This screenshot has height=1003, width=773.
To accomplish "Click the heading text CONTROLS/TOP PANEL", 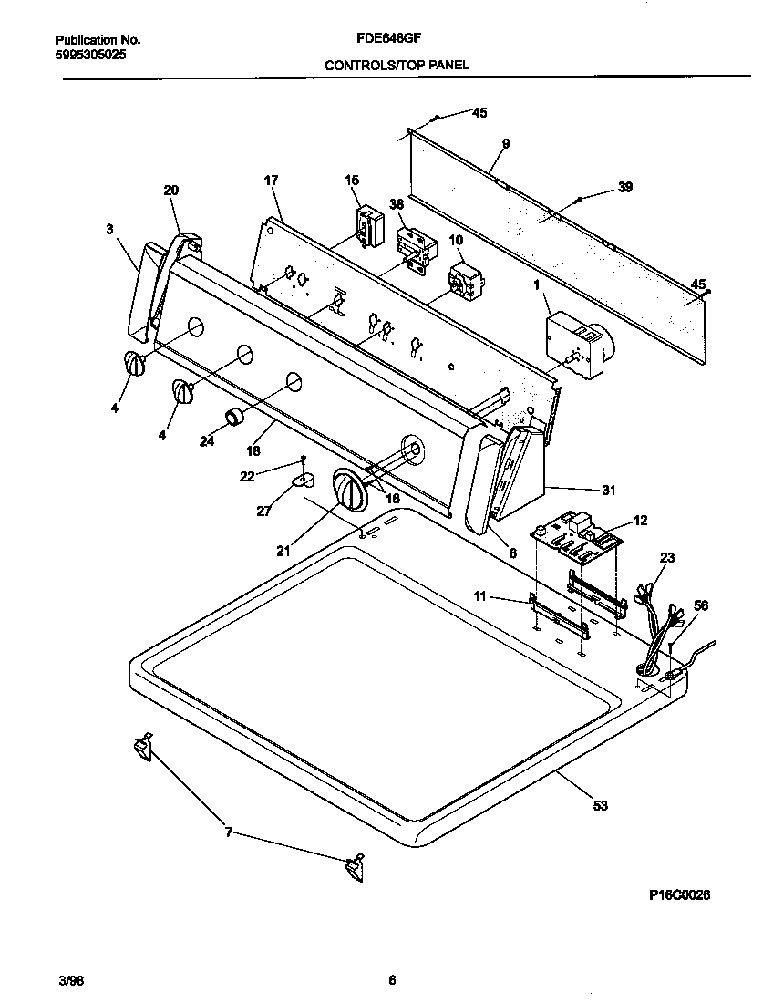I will pos(397,66).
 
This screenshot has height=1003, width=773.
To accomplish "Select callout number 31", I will pos(608,491).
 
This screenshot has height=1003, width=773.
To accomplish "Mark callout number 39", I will pos(624,187).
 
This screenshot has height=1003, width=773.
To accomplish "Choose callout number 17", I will pos(271,181).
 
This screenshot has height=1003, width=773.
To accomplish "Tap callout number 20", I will pos(171,190).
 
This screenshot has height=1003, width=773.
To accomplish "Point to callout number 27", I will pos(263,512).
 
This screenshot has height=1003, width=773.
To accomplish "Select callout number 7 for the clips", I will pos(229,832).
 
